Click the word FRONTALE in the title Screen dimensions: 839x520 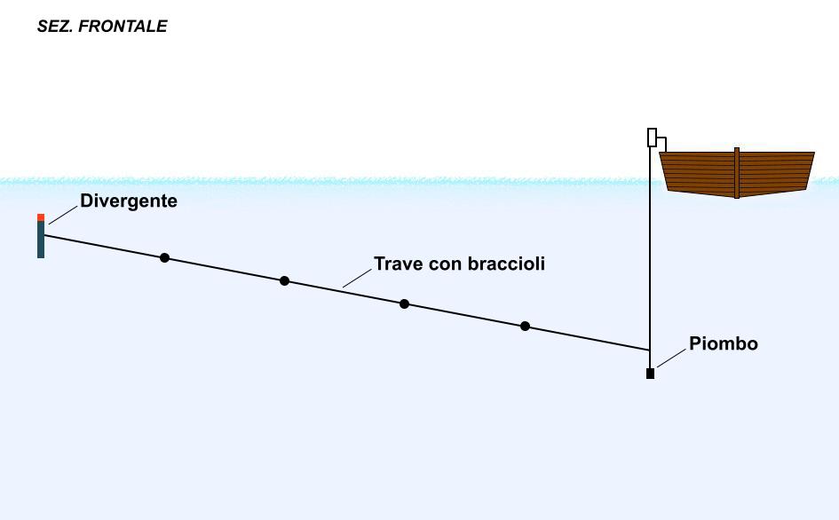(x=123, y=27)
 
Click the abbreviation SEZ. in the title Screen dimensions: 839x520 (x=55, y=27)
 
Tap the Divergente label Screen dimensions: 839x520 (x=129, y=201)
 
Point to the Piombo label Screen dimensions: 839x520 (x=724, y=343)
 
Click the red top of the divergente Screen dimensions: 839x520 (x=41, y=217)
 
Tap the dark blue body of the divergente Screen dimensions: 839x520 (x=41, y=240)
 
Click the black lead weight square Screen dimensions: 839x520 (x=650, y=374)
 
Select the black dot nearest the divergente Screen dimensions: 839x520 (x=165, y=258)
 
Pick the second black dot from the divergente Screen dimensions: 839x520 (x=285, y=281)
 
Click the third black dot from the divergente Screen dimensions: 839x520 (x=405, y=303)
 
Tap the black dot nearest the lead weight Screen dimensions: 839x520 (x=525, y=326)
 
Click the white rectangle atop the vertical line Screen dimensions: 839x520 (x=652, y=138)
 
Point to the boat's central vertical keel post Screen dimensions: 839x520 (x=737, y=173)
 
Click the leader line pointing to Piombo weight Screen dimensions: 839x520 (x=671, y=358)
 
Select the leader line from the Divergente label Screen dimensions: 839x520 (x=63, y=215)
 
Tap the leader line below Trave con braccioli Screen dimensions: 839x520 (x=357, y=278)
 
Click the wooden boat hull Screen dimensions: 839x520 (x=737, y=174)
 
